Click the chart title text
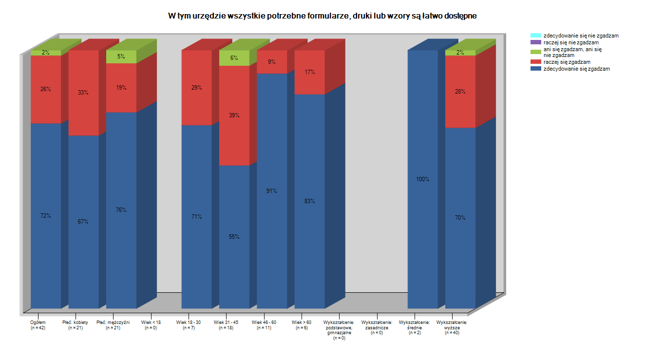click(322, 16)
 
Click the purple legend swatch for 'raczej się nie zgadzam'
click(535, 42)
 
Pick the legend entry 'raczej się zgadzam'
click(567, 62)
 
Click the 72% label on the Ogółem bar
click(46, 216)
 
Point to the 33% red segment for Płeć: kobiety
click(83, 93)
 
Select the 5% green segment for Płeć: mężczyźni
click(121, 57)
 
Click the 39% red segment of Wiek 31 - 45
click(234, 115)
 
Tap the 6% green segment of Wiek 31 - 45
click(234, 57)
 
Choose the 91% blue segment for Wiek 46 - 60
click(272, 191)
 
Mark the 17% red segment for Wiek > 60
click(309, 72)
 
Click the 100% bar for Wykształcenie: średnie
click(423, 179)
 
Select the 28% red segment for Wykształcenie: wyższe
click(460, 92)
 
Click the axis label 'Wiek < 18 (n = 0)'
click(151, 325)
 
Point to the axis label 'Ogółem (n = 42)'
click(38, 325)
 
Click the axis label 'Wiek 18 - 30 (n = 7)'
click(189, 325)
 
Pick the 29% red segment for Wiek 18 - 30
click(196, 88)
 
